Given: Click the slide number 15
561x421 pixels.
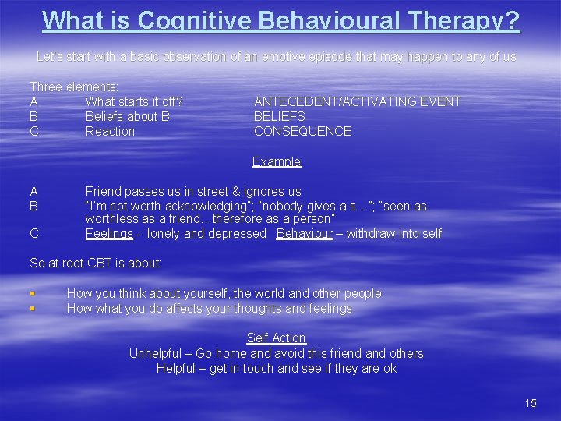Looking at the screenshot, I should click(x=531, y=403).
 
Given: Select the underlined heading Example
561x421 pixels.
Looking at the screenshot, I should click(x=277, y=161).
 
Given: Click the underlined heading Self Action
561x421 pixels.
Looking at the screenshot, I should click(x=277, y=338).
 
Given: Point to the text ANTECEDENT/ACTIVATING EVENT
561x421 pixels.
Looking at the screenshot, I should click(x=358, y=101).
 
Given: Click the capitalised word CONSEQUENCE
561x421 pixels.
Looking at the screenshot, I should click(x=302, y=131).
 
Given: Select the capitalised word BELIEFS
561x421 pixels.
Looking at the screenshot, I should click(x=280, y=116).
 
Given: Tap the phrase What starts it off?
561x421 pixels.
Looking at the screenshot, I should click(x=134, y=101).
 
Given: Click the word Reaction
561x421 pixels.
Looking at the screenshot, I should click(x=110, y=131).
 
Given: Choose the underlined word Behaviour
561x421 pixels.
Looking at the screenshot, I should click(x=305, y=234).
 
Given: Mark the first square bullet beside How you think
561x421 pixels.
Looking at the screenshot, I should click(x=32, y=294).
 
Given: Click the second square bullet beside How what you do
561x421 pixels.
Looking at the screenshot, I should click(x=32, y=309).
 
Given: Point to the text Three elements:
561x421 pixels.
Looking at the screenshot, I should click(x=74, y=87).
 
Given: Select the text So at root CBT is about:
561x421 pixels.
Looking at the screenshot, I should click(x=96, y=263).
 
